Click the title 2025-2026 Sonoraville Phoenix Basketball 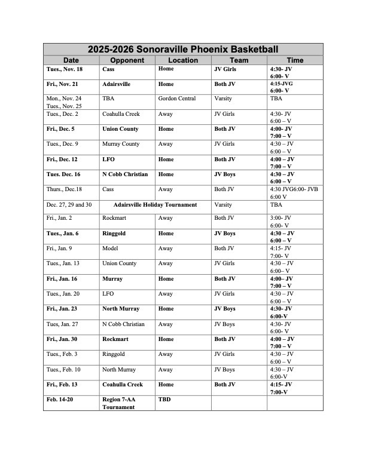pos(183,50)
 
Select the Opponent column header pos(127,60)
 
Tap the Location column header pos(183,60)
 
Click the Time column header pos(295,60)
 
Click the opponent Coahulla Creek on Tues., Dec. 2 pos(121,113)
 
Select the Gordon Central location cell pos(177,99)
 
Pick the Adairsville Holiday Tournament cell pos(155,205)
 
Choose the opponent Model pos(110,248)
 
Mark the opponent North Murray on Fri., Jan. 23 pos(121,309)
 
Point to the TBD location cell pos(164,398)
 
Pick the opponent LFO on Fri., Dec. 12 pos(109,159)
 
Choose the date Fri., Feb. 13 pos(62,385)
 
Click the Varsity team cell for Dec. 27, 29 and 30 pos(223,205)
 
